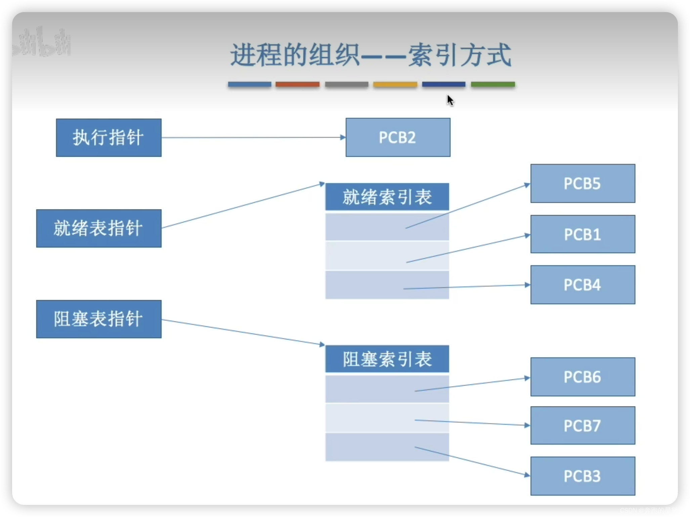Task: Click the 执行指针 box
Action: pos(109,137)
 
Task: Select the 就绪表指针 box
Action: pos(99,229)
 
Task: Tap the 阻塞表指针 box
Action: pos(99,319)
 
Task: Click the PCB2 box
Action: pos(398,137)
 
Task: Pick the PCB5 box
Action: pos(583,184)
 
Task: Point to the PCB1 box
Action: pos(583,234)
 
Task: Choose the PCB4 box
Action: pos(583,285)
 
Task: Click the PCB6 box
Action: pos(583,377)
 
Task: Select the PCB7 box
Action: pos(583,426)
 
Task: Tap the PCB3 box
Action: pos(583,476)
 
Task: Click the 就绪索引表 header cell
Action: pos(387,197)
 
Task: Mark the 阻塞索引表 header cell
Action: pos(387,359)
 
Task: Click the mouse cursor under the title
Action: pos(450,100)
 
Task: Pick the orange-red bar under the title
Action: pos(297,84)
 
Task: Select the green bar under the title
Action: pos(493,84)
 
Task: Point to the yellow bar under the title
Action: pos(395,84)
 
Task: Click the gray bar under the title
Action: pos(346,84)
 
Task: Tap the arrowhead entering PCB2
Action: pos(343,137)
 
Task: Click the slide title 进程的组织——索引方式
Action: pos(370,55)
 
